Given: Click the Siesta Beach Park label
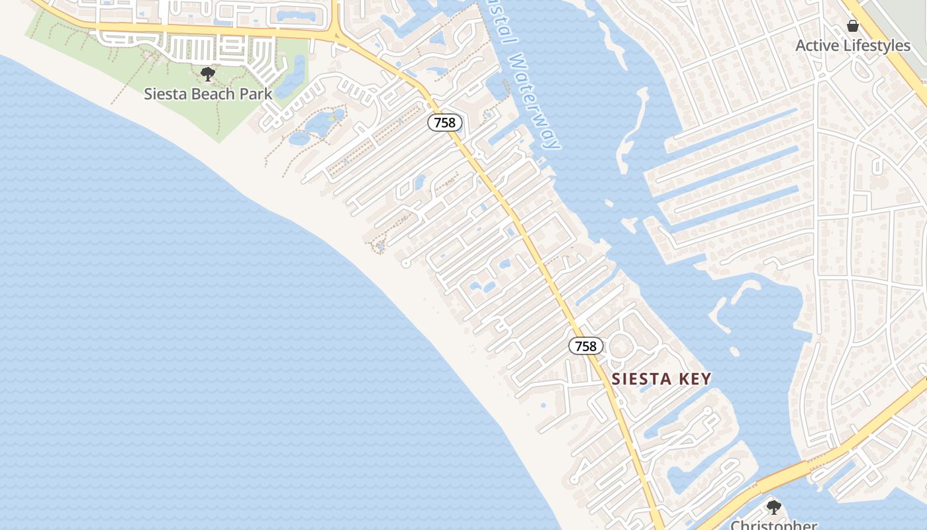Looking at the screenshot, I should (x=208, y=94).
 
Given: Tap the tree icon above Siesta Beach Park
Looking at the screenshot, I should (x=208, y=74).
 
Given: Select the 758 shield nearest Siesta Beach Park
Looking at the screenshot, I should (x=444, y=123).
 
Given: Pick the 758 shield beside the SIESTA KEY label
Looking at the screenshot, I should (x=586, y=346).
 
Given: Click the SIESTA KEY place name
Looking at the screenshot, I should (x=661, y=379).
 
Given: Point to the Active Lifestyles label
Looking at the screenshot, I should (x=853, y=46).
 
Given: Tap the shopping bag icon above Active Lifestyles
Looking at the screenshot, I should (x=853, y=26).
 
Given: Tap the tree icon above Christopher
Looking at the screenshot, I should (x=773, y=507).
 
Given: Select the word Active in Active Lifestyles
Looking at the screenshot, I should (x=815, y=46).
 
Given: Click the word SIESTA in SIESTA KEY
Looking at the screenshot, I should (x=640, y=379).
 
